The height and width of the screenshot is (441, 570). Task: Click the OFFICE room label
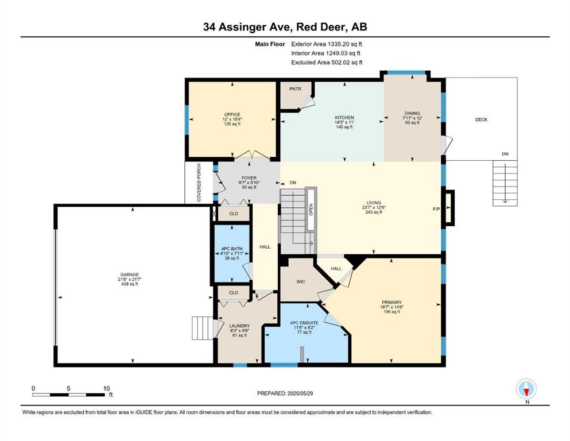click(232, 114)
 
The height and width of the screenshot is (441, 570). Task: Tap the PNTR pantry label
click(295, 88)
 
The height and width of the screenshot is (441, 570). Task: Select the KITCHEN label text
click(344, 118)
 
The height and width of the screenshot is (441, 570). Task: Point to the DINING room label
click(412, 113)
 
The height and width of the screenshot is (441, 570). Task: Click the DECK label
click(481, 119)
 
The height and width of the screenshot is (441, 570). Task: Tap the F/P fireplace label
click(436, 208)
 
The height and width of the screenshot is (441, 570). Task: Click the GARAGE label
click(130, 274)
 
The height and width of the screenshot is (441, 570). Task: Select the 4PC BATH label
click(232, 249)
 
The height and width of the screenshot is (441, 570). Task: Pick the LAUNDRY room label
click(239, 326)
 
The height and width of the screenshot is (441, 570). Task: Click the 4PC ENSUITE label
click(304, 323)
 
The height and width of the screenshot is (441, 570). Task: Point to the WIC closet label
click(301, 282)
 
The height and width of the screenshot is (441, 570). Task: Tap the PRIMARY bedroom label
click(391, 302)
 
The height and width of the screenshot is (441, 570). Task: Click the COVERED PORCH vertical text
click(199, 183)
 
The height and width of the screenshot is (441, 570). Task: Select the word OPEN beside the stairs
click(311, 210)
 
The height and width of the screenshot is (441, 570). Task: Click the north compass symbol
click(526, 389)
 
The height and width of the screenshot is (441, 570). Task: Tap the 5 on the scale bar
click(68, 388)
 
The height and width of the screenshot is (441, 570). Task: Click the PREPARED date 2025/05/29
click(300, 393)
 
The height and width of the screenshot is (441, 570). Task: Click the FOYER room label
click(249, 178)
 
